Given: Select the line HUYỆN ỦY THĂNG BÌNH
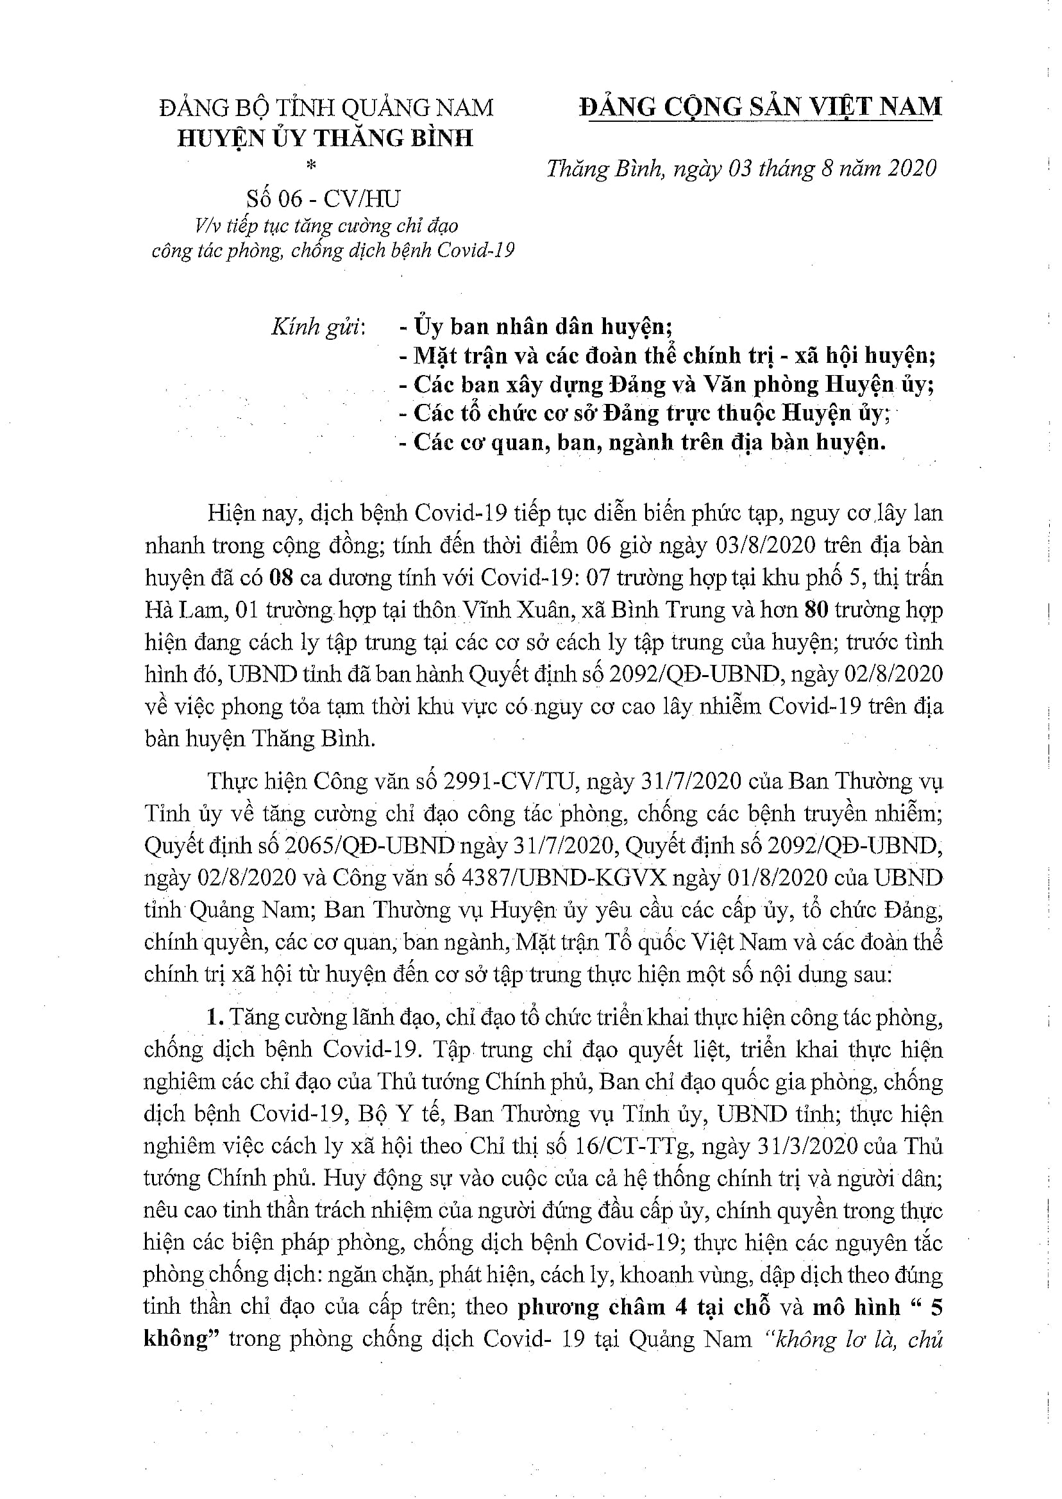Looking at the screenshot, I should click(325, 138).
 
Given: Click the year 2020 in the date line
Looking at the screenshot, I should click(911, 169).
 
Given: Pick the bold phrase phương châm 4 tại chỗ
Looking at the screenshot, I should click(644, 1307).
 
